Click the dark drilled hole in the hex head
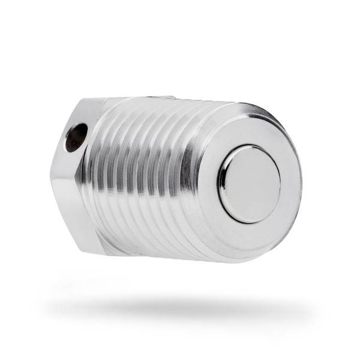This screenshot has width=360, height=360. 76,137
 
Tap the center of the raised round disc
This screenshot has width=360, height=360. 250,184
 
